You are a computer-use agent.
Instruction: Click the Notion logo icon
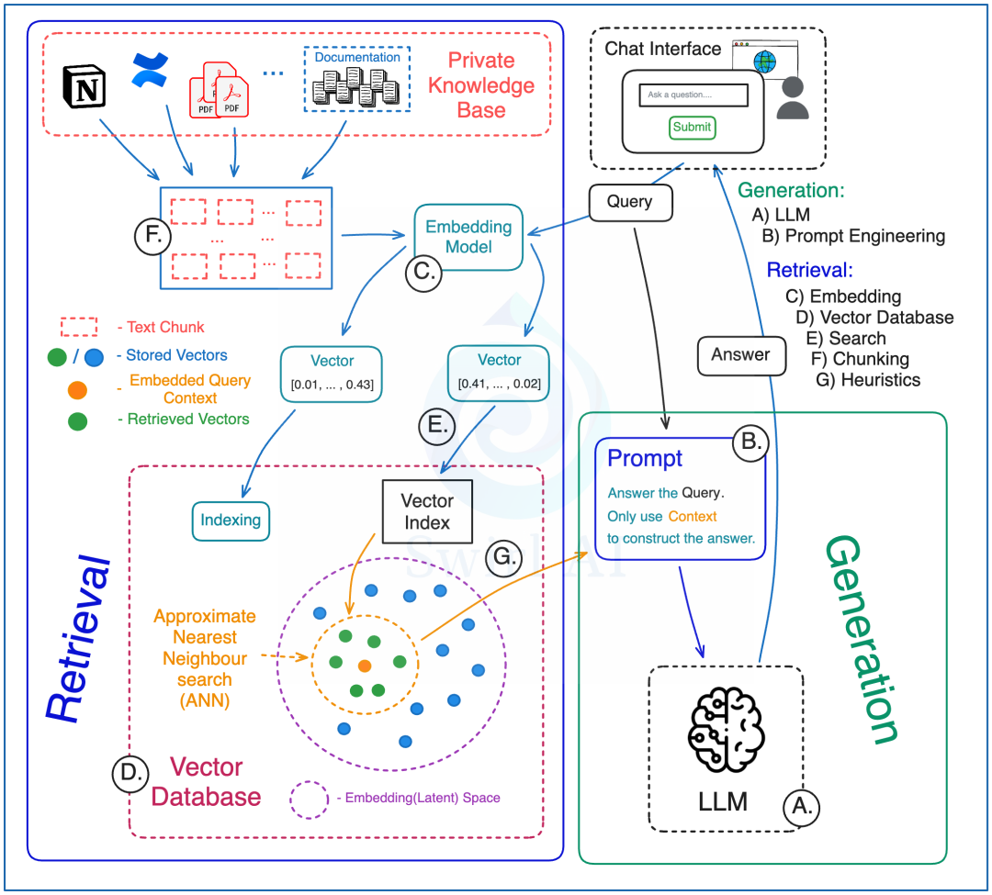click(85, 86)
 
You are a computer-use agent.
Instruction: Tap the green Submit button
click(693, 127)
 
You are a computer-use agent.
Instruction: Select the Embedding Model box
click(468, 237)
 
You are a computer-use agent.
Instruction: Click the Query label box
click(630, 202)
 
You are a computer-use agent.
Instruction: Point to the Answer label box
click(741, 355)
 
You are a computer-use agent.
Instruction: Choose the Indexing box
click(231, 520)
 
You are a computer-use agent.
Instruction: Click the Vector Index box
click(428, 511)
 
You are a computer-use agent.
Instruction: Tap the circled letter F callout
click(152, 236)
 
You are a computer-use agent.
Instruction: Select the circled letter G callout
click(503, 558)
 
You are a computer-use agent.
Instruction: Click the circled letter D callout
click(130, 773)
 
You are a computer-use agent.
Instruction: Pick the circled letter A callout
click(802, 807)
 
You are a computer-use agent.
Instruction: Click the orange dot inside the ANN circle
click(365, 666)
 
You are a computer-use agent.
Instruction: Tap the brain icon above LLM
click(727, 730)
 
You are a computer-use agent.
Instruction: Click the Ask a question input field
click(693, 95)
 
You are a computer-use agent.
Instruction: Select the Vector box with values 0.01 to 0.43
click(332, 374)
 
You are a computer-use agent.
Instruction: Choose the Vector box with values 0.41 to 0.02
click(499, 373)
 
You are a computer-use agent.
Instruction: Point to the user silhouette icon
click(793, 98)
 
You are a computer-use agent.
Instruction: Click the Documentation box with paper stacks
click(357, 79)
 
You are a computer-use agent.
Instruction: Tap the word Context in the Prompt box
click(693, 517)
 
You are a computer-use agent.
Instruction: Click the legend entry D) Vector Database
click(875, 318)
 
